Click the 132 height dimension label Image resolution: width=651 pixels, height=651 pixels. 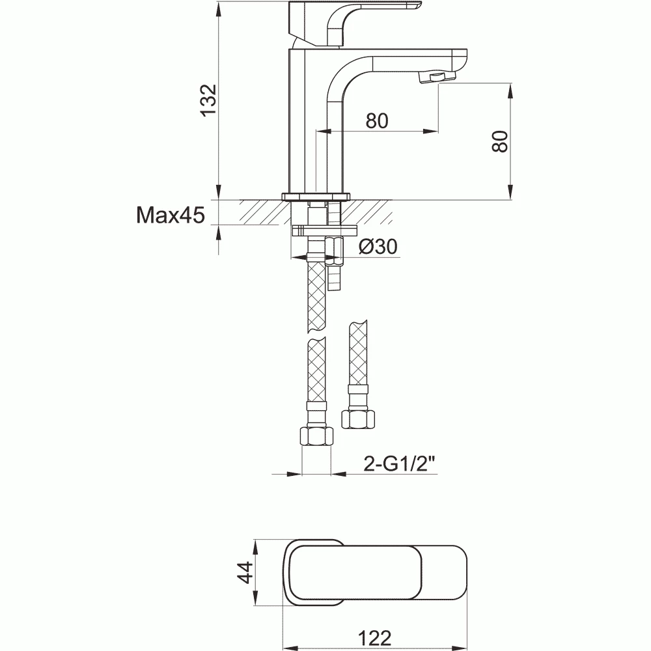tap(208, 101)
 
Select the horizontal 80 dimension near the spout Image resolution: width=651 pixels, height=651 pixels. tap(377, 121)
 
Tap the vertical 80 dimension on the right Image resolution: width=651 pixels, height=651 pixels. tap(500, 140)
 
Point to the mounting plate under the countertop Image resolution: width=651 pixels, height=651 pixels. tap(325, 230)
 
